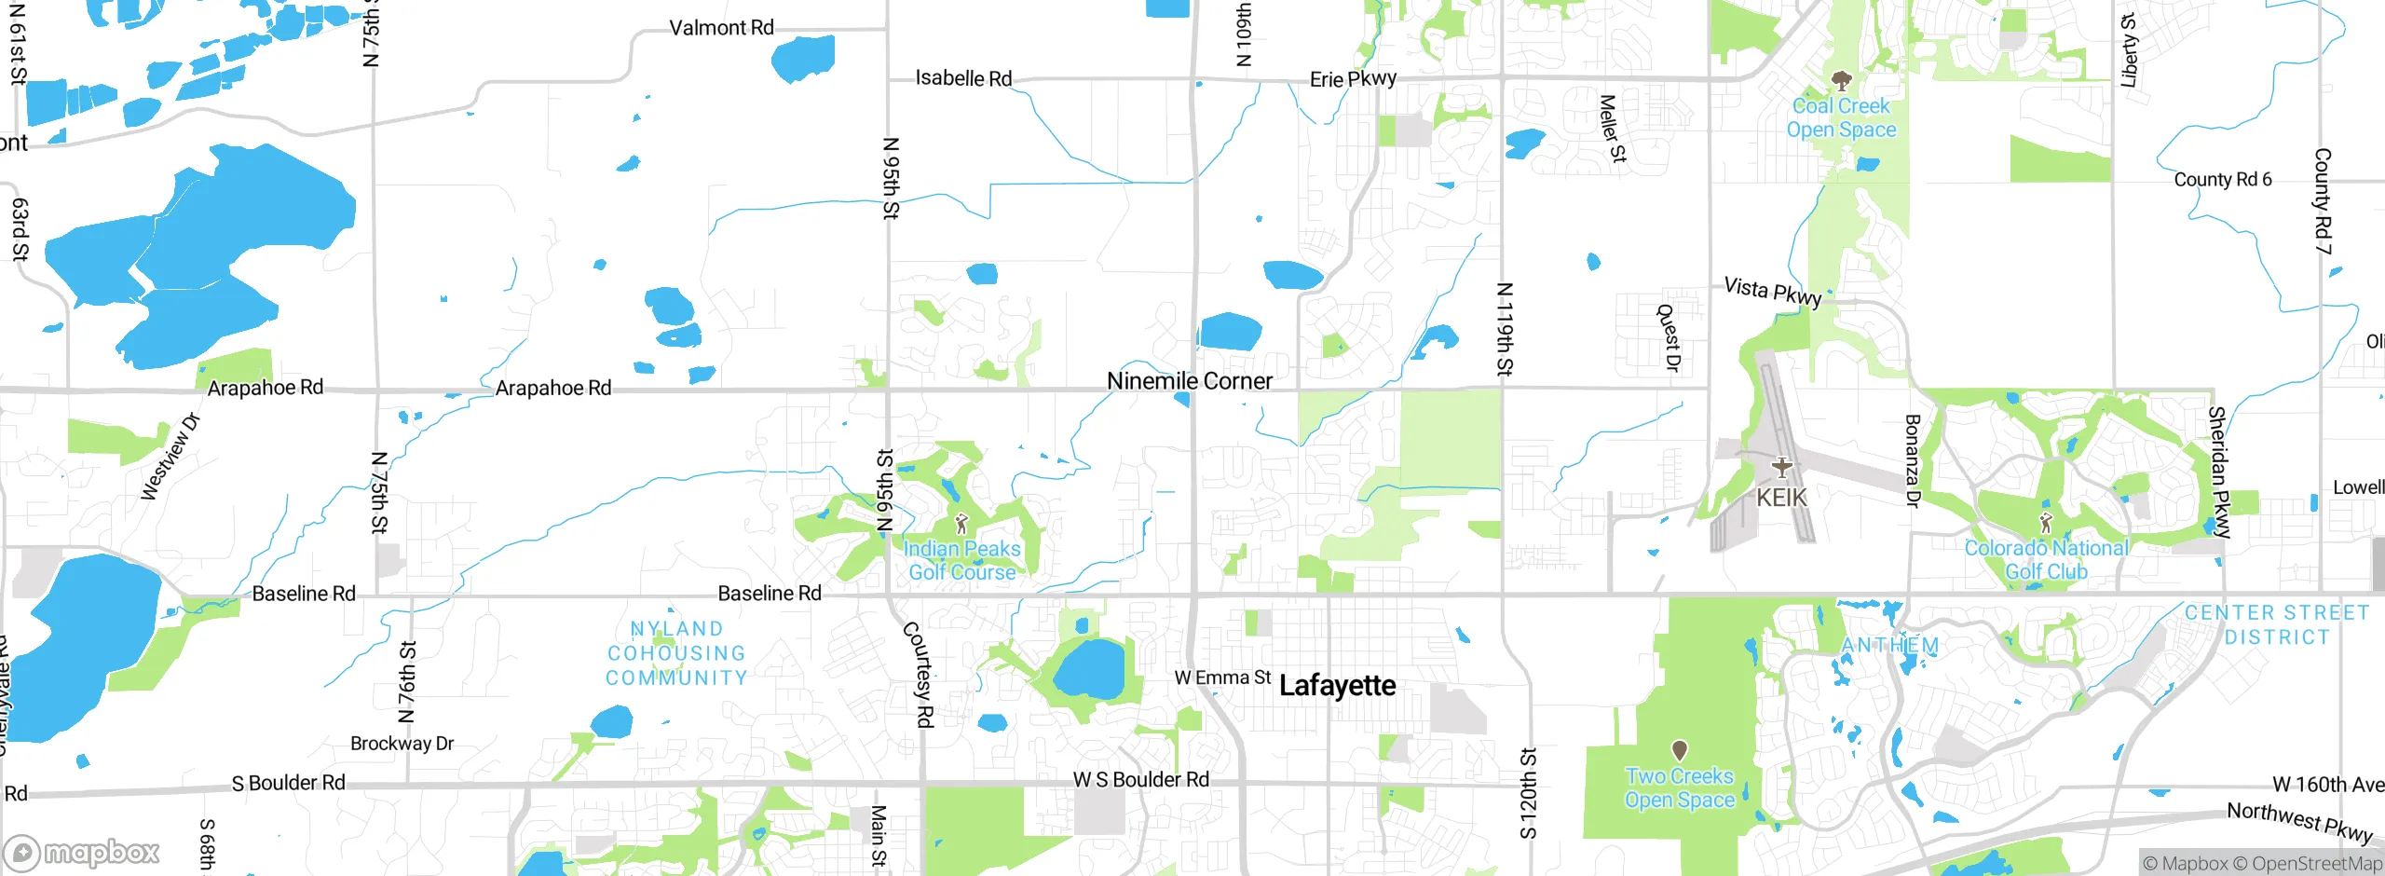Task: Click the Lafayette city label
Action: click(x=1337, y=686)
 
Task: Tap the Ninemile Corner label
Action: click(x=1189, y=381)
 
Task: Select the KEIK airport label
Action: click(x=1781, y=498)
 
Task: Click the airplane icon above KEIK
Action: click(x=1781, y=467)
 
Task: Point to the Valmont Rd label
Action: click(x=721, y=28)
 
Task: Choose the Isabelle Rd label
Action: click(x=963, y=78)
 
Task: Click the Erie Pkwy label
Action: click(x=1353, y=79)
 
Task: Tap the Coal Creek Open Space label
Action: click(x=1841, y=118)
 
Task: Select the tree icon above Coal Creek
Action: click(x=1841, y=79)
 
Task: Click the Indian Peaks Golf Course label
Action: click(x=962, y=561)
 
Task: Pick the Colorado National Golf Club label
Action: click(x=2046, y=560)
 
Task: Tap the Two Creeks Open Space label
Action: click(x=1680, y=788)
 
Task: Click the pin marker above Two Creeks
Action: click(x=1680, y=749)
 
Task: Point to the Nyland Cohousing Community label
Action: click(x=676, y=653)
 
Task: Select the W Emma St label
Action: click(x=1222, y=678)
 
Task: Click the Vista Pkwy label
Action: click(x=1772, y=291)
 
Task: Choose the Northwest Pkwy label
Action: click(x=2299, y=821)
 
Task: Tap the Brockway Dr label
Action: click(x=402, y=744)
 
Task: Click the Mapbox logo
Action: click(x=82, y=852)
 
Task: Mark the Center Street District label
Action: click(x=2277, y=624)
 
